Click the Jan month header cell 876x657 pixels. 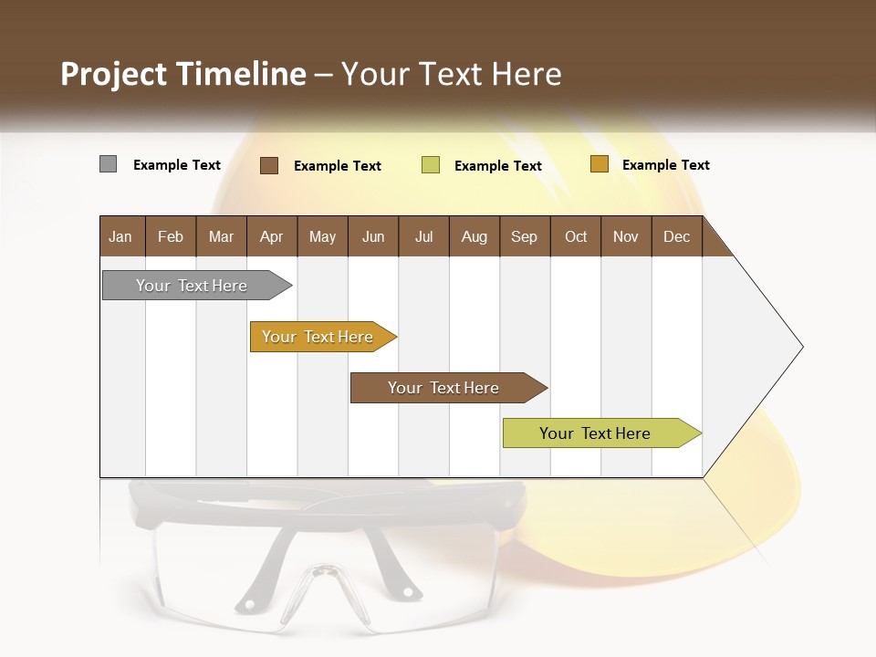[x=121, y=236]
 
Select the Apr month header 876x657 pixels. [x=272, y=236]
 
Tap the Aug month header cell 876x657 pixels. [x=474, y=236]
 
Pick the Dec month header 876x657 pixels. [x=676, y=236]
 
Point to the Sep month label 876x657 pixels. [x=525, y=236]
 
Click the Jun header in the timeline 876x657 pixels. [x=373, y=236]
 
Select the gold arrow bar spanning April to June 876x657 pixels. [x=319, y=337]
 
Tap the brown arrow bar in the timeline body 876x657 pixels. [x=445, y=388]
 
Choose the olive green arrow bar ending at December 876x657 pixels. [x=598, y=433]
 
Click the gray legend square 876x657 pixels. [x=108, y=164]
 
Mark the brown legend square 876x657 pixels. [x=269, y=165]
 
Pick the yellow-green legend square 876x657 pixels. [x=431, y=165]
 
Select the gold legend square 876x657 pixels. [x=599, y=164]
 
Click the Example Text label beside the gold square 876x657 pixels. [x=665, y=165]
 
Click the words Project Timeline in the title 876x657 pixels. [x=182, y=74]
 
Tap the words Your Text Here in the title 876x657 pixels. [x=451, y=74]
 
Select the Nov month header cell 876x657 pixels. [x=626, y=236]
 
